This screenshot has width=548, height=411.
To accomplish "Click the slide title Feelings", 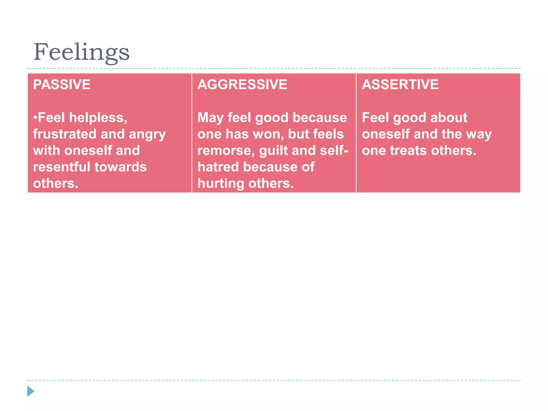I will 81,52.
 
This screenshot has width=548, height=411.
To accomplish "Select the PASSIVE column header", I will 62,85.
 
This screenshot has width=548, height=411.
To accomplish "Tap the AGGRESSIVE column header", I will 242,85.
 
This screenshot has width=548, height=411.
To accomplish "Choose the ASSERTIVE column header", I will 400,85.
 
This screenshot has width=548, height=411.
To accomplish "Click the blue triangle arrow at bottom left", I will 31,391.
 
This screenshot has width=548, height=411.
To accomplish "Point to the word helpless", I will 98,118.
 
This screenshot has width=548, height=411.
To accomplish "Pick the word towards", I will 121,167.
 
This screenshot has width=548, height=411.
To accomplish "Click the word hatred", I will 218,167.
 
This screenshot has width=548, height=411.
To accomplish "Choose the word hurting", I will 221,184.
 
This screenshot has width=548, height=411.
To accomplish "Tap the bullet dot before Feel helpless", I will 35,118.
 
